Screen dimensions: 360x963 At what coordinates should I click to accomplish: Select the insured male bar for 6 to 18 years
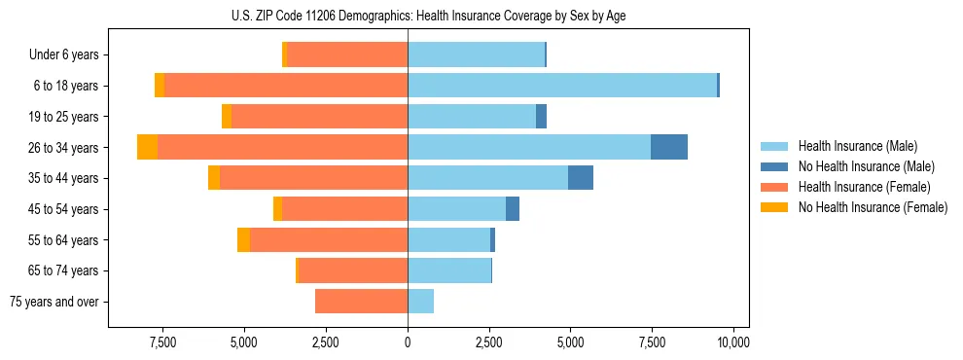click(562, 86)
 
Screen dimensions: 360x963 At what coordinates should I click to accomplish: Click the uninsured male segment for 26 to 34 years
click(669, 147)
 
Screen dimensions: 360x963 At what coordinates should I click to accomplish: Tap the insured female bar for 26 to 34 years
click(282, 147)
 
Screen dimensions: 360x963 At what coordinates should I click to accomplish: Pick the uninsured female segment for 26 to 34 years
click(147, 147)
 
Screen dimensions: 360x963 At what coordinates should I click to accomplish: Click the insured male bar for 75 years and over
click(420, 302)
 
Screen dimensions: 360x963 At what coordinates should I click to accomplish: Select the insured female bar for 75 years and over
click(361, 302)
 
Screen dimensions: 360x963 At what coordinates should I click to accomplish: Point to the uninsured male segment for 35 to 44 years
click(581, 178)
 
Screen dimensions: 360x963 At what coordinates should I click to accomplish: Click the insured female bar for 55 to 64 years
click(328, 240)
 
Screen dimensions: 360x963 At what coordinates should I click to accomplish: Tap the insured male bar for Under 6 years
click(476, 54)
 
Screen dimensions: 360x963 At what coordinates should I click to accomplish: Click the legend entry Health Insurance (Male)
click(857, 146)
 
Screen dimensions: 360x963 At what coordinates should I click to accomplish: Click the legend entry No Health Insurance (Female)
click(873, 207)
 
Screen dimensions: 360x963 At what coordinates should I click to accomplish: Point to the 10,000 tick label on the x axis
click(732, 342)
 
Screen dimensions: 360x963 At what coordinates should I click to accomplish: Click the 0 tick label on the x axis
click(408, 342)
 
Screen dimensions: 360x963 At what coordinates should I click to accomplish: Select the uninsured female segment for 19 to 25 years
click(227, 117)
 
